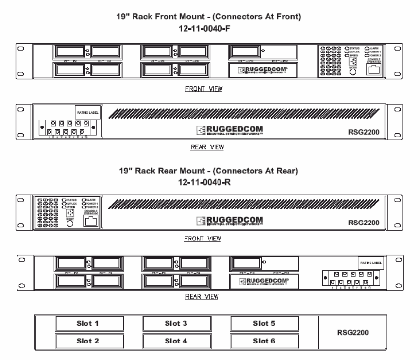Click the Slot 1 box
click(x=87, y=323)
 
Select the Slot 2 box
click(x=87, y=341)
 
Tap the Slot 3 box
click(x=176, y=323)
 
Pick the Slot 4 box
click(x=176, y=341)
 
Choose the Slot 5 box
click(x=264, y=323)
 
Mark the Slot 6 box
click(x=264, y=341)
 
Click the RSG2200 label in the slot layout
click(x=353, y=333)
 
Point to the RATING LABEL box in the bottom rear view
click(x=370, y=263)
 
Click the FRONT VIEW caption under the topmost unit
click(x=203, y=89)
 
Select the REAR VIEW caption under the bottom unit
click(x=202, y=296)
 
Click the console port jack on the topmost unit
click(x=373, y=69)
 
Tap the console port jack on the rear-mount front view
click(x=91, y=221)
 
